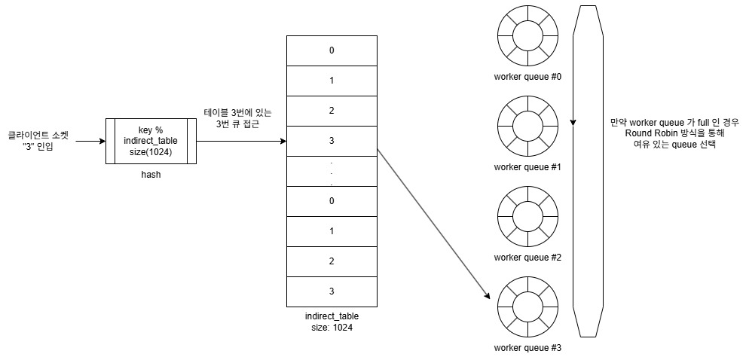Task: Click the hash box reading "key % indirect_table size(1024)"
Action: pyautogui.click(x=151, y=141)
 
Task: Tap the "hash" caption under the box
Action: pyautogui.click(x=151, y=174)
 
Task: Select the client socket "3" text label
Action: pyautogui.click(x=38, y=141)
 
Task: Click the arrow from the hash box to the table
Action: pyautogui.click(x=241, y=141)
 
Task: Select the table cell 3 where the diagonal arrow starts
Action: pyautogui.click(x=332, y=141)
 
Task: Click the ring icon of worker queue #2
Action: pyautogui.click(x=527, y=215)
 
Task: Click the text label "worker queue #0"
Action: pyautogui.click(x=527, y=77)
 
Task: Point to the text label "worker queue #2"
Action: pyautogui.click(x=527, y=258)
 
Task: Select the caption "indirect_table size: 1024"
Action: pyautogui.click(x=332, y=322)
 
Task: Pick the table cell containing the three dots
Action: pyautogui.click(x=332, y=171)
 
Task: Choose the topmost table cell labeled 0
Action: pyautogui.click(x=332, y=50)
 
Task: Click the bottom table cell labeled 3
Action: pyautogui.click(x=332, y=291)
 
